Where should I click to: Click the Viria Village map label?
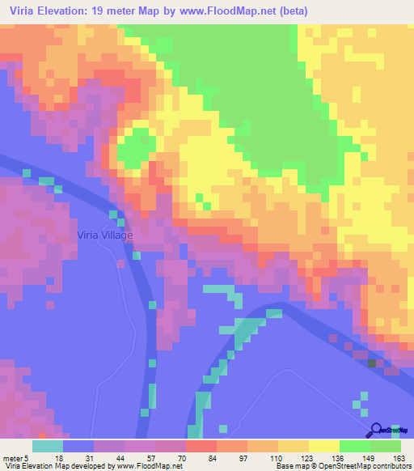click(104, 235)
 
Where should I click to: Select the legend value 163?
click(399, 457)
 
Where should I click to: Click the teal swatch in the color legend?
click(47, 446)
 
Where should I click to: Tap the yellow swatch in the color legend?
click(323, 446)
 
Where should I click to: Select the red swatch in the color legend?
click(201, 446)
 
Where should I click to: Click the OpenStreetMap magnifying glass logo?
click(376, 430)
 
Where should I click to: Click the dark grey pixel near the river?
click(372, 363)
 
